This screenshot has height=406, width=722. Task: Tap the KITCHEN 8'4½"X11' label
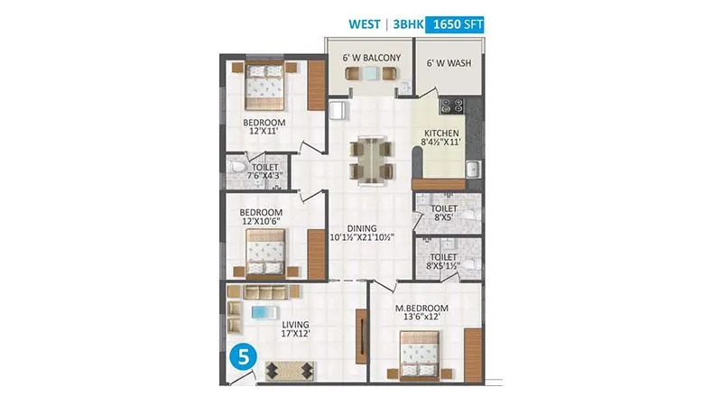(442, 137)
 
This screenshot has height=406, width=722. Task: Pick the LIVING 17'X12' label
(295, 329)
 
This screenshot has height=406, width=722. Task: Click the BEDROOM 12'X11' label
(264, 127)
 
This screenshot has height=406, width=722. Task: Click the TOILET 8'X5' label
(444, 212)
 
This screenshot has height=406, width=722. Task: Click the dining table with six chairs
(371, 160)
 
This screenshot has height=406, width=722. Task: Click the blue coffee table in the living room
(262, 312)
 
